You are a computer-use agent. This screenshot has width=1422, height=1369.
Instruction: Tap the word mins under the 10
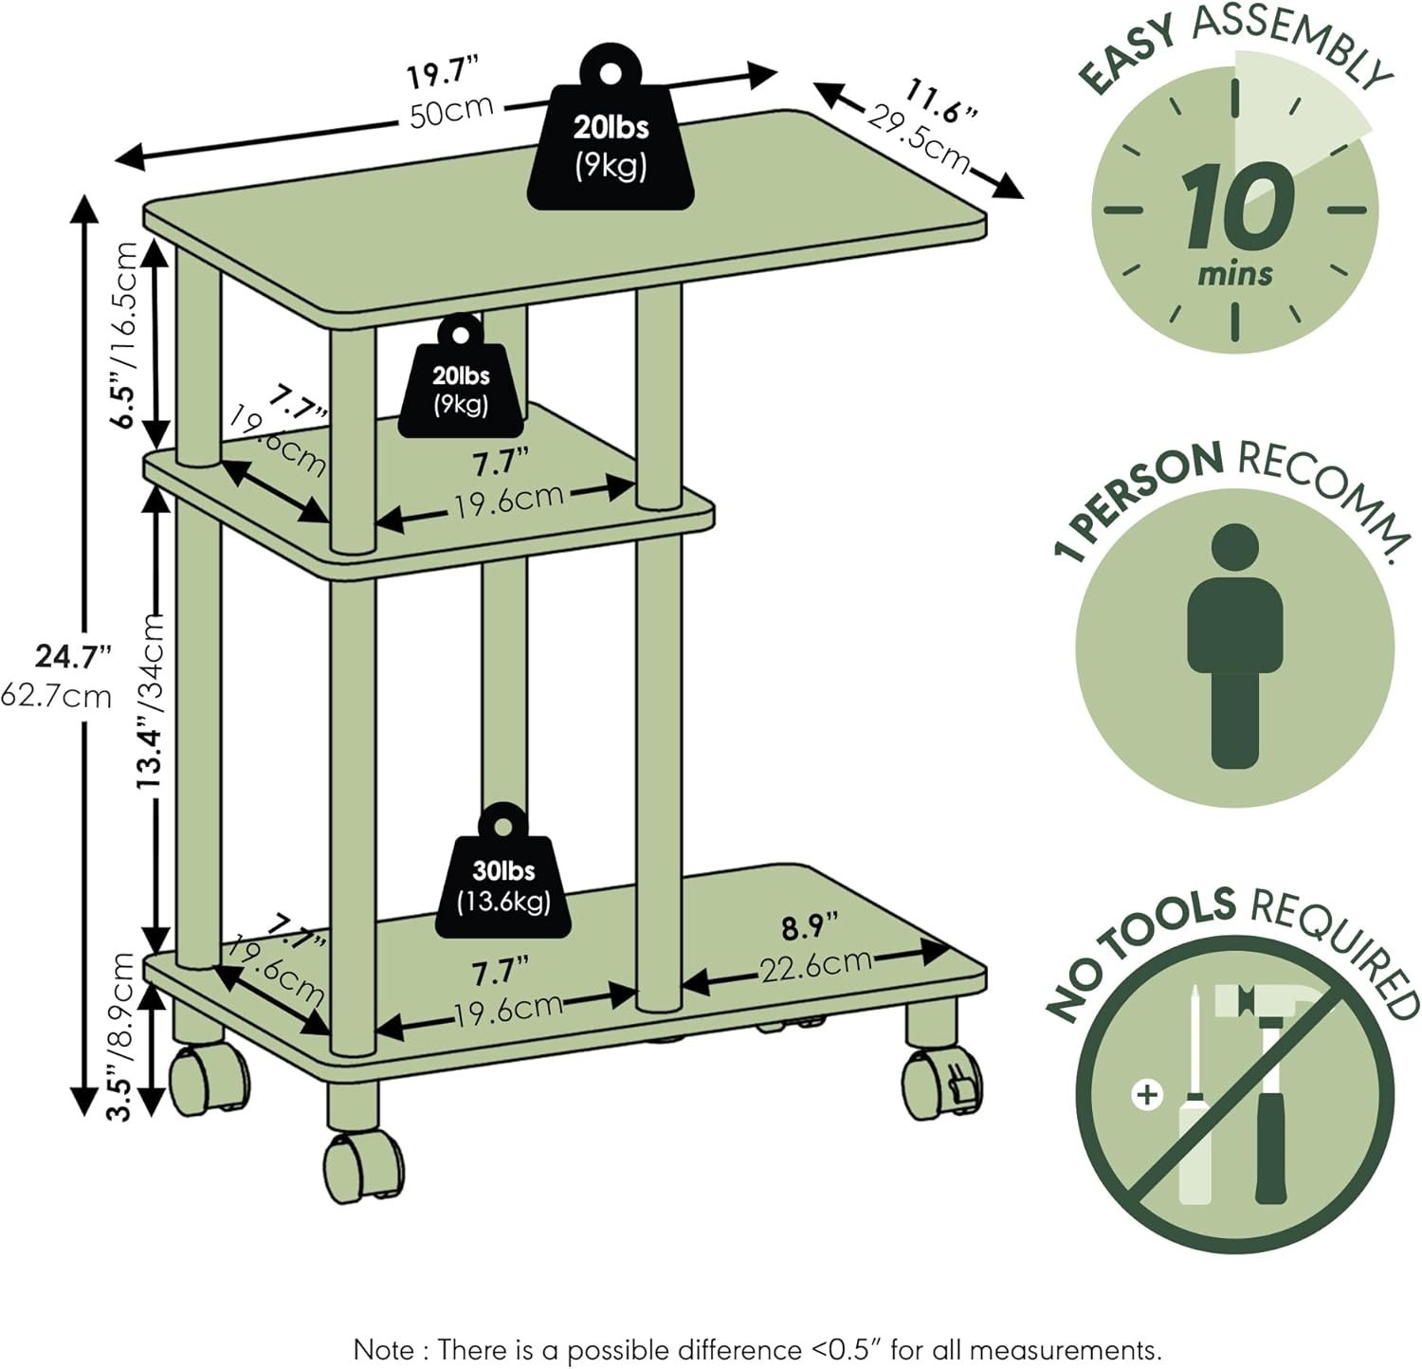tap(1234, 273)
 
